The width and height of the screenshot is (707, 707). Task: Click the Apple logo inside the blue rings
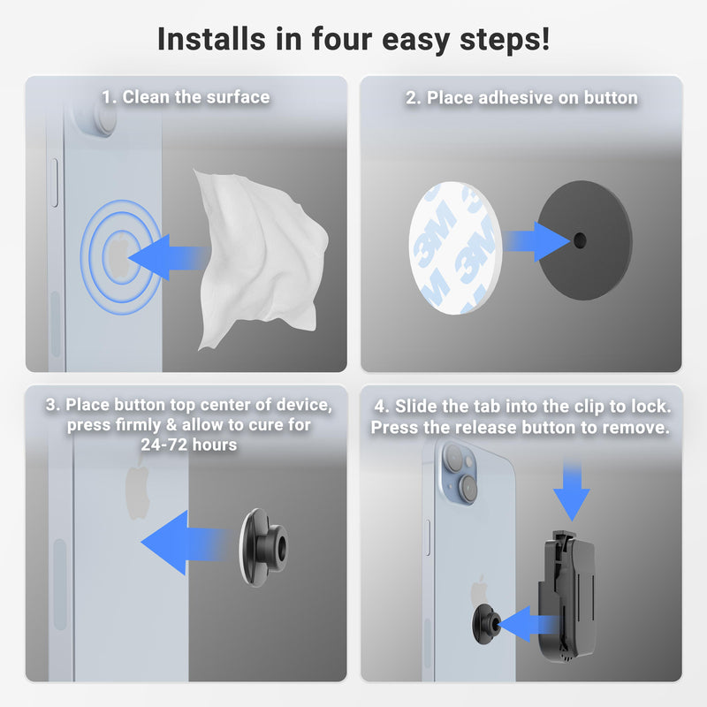pos(116,257)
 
